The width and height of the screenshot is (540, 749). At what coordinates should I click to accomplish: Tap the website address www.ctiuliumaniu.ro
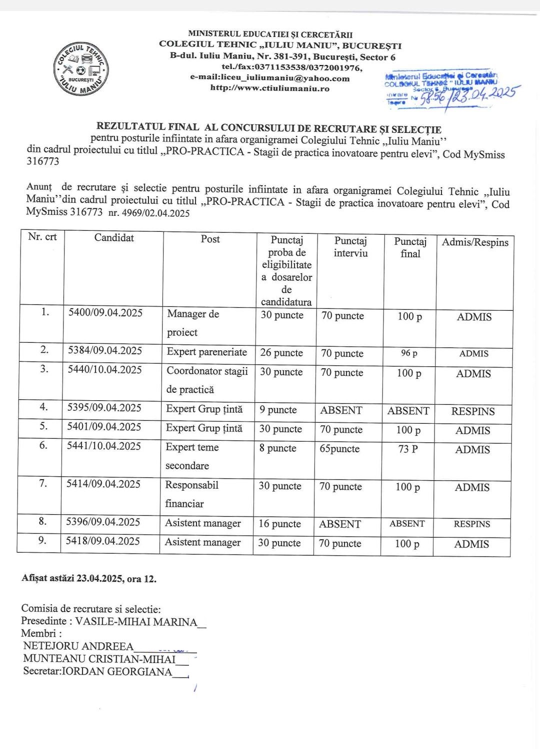[269, 88]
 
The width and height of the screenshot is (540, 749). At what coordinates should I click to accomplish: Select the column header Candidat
[114, 238]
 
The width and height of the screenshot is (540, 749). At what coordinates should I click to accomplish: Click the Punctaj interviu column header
[350, 247]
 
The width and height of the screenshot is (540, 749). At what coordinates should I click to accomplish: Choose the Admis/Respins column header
[475, 242]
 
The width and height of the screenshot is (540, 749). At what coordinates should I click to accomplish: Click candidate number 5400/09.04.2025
[105, 313]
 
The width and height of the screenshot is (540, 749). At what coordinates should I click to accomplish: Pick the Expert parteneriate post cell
[206, 352]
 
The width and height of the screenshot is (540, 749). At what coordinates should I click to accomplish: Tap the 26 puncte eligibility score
[281, 353]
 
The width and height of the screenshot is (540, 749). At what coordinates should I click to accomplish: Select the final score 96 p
[409, 353]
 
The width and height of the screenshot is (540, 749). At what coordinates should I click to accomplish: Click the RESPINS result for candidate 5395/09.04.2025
[473, 412]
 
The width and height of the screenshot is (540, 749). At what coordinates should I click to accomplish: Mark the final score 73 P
[408, 449]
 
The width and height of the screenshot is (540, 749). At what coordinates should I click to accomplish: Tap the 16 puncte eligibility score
[279, 524]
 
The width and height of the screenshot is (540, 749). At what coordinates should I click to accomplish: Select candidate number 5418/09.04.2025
[103, 541]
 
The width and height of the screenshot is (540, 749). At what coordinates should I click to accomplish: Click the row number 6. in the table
[43, 445]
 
